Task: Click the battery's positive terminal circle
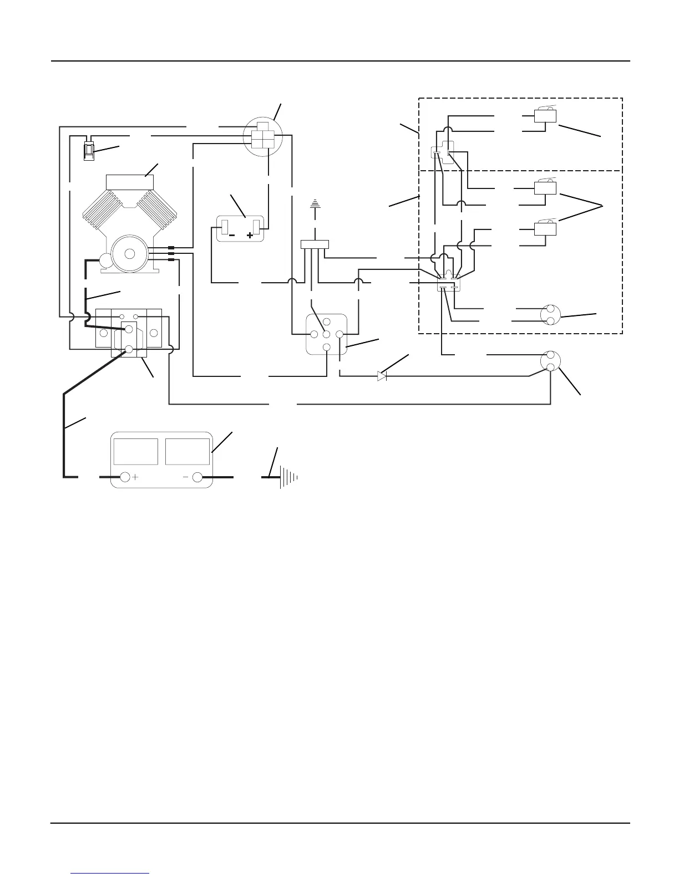click(x=125, y=477)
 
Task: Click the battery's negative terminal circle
click(x=197, y=477)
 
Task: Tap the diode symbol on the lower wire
click(x=382, y=376)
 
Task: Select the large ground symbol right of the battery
click(x=289, y=477)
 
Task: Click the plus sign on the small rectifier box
click(x=250, y=235)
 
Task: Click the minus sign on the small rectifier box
click(x=231, y=235)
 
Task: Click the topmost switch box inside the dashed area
click(x=545, y=115)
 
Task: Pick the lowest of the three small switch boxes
click(x=545, y=228)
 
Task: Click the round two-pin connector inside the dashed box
click(x=550, y=315)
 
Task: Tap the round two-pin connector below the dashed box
click(x=550, y=361)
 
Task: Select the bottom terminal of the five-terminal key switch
click(x=327, y=347)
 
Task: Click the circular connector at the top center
click(x=263, y=135)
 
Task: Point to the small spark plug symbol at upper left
click(x=88, y=150)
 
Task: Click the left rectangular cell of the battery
click(x=135, y=452)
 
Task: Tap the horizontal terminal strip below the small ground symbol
click(x=315, y=244)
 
